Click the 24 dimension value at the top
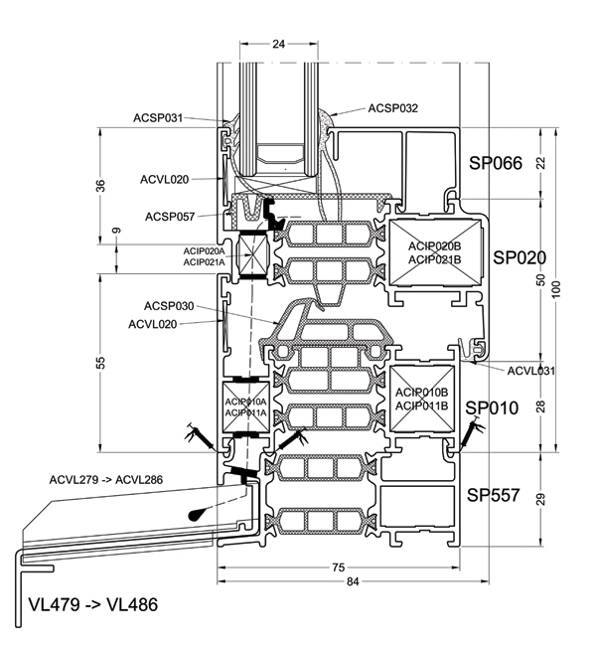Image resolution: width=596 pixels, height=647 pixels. [278, 44]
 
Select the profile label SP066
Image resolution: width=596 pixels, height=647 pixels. [496, 163]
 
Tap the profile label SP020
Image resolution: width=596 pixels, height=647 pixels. [520, 257]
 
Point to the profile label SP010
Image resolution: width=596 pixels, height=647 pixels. [492, 407]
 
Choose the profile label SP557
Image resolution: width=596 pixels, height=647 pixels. [493, 495]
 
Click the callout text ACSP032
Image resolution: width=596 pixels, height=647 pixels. [392, 108]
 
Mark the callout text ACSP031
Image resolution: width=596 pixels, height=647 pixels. [158, 118]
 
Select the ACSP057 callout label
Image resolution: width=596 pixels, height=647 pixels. [170, 217]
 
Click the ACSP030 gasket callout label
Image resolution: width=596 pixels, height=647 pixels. [169, 306]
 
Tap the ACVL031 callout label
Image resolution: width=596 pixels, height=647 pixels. [530, 371]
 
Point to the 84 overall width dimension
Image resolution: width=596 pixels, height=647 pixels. [353, 581]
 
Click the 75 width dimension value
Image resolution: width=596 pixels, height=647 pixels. [338, 567]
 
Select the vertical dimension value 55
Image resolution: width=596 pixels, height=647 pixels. [100, 363]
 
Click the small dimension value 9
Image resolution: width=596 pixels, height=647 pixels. [117, 231]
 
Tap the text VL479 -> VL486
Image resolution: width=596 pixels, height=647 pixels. [93, 605]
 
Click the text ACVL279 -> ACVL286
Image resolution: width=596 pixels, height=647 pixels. [106, 480]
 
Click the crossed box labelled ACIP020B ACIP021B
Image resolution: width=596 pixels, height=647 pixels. [435, 252]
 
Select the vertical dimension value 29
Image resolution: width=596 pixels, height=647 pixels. [541, 499]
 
